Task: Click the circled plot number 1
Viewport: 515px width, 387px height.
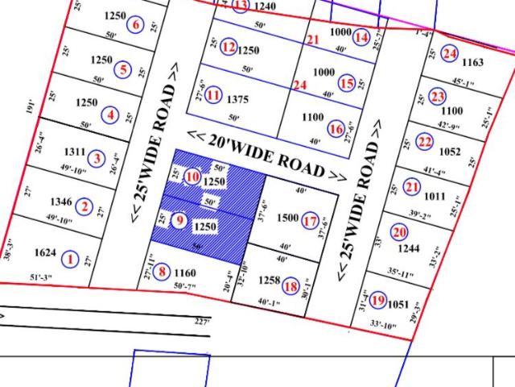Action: [x=71, y=260]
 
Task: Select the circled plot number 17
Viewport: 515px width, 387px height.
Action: [x=310, y=218]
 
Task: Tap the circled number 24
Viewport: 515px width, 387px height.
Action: [x=449, y=53]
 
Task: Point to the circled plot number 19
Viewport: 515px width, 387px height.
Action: [x=378, y=299]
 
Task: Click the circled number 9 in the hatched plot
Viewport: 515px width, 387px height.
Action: [x=179, y=220]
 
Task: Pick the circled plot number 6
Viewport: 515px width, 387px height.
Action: [x=135, y=24]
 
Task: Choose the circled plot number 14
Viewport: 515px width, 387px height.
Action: [x=361, y=36]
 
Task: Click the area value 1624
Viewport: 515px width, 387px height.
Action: [x=45, y=254]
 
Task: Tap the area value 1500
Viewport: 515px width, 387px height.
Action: [x=287, y=218]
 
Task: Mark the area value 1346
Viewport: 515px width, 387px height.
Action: [x=60, y=202]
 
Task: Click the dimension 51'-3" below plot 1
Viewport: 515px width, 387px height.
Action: [x=51, y=278]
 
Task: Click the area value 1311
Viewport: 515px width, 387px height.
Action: [x=74, y=152]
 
